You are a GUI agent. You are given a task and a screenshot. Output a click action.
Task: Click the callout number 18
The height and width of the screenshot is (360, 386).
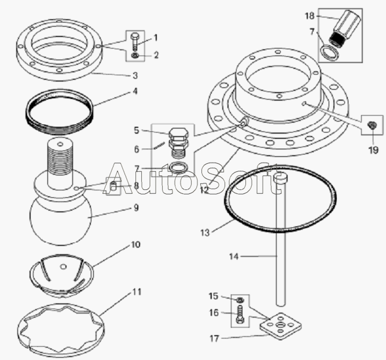[x=310, y=16]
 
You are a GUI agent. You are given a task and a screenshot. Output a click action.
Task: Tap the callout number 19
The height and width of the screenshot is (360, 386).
[x=373, y=149]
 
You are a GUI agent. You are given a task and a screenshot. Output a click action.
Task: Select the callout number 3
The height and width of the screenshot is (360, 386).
[x=135, y=76]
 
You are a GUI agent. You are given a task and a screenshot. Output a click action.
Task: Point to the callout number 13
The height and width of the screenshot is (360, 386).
[x=205, y=233]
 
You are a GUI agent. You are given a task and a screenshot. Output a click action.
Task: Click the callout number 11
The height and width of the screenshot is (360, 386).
[x=137, y=292]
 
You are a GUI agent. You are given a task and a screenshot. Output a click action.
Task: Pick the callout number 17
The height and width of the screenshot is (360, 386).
[x=214, y=339]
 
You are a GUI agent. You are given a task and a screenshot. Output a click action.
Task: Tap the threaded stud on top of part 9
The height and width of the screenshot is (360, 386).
[x=60, y=163]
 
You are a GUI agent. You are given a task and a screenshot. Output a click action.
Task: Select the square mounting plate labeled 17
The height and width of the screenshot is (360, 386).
[x=281, y=326]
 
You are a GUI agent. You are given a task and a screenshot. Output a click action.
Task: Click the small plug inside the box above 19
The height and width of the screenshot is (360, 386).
[x=371, y=125]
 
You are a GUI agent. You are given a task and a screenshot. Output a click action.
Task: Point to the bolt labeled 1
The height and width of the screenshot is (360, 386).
[x=135, y=41]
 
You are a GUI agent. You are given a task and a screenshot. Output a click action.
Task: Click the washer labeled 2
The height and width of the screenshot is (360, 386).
[x=135, y=56]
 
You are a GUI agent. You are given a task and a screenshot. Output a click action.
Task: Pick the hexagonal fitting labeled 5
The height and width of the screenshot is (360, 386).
[x=178, y=143]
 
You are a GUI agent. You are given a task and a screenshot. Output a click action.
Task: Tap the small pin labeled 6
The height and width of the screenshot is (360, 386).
[x=159, y=145]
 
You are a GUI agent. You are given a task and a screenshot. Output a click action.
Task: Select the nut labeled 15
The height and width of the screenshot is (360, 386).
[x=240, y=300]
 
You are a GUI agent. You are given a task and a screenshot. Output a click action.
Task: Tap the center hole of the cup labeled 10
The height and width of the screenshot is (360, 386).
[x=64, y=266]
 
